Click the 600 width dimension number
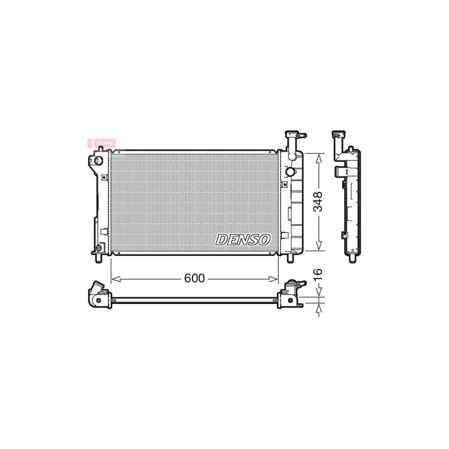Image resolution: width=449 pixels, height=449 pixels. [x=194, y=278]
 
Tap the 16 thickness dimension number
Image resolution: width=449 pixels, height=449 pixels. [x=318, y=273]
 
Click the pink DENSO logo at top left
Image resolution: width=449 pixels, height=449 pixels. [x=102, y=143]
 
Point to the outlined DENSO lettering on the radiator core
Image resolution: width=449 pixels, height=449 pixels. [x=243, y=239]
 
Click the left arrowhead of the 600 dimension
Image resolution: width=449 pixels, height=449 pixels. [x=113, y=278]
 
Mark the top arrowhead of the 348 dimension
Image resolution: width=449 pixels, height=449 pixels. [x=318, y=156]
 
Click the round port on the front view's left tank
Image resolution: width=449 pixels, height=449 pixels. [x=97, y=161]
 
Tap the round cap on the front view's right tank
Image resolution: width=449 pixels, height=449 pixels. [x=291, y=172]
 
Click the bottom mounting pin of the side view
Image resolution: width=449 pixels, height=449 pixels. [x=353, y=257]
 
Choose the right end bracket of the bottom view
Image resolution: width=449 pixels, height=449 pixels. [x=292, y=294]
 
